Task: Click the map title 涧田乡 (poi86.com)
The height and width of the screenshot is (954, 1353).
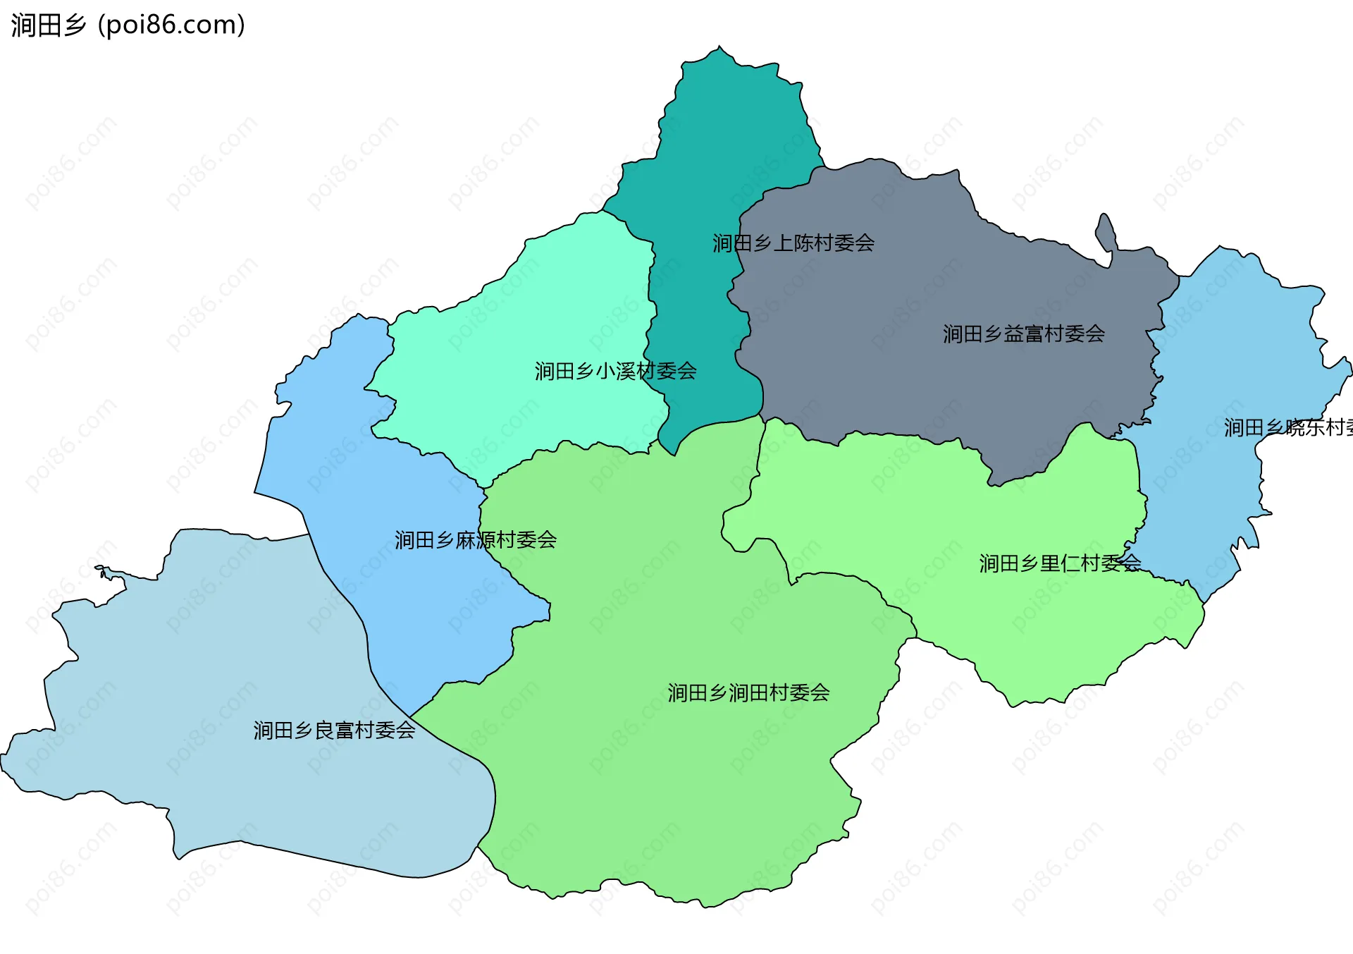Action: tap(128, 25)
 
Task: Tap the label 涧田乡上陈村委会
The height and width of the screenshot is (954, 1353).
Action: tap(793, 243)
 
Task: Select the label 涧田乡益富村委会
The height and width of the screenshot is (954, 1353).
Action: tap(1023, 334)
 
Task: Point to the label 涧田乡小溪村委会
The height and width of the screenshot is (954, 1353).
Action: tap(615, 371)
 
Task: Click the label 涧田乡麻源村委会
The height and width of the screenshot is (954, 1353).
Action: tap(476, 540)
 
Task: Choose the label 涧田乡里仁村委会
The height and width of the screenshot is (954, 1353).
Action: tap(1060, 563)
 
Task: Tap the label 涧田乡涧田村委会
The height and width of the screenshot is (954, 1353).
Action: tap(748, 693)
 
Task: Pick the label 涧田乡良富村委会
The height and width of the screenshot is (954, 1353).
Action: tap(334, 730)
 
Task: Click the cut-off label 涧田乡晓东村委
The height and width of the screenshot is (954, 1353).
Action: tap(1288, 428)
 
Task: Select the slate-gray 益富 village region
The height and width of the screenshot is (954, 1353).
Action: tap(916, 282)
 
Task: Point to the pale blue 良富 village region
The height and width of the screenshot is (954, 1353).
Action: tap(211, 670)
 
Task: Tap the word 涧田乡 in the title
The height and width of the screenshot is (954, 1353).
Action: tap(48, 25)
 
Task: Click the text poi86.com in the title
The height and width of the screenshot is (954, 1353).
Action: tap(171, 25)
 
